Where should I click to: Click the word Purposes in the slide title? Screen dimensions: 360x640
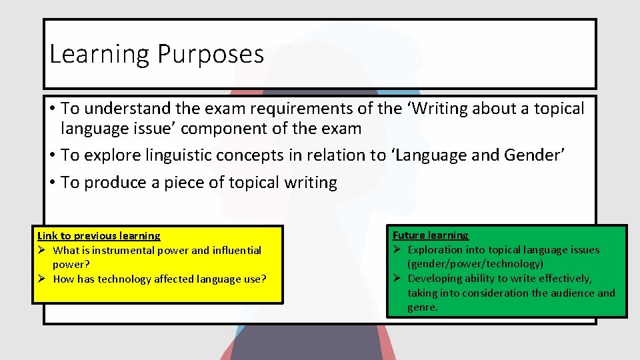point(210,55)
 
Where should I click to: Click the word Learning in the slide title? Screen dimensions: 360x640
point(99,55)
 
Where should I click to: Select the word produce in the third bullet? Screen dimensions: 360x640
point(118,182)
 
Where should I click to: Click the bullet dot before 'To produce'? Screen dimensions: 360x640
point(52,183)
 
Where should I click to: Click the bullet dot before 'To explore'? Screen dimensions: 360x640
point(52,156)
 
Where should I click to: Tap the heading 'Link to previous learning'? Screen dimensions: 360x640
point(99,235)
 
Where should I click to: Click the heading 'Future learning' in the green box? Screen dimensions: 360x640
point(430,235)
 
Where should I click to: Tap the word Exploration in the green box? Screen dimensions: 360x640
point(437,250)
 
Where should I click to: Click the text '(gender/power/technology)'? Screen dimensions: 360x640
point(475,264)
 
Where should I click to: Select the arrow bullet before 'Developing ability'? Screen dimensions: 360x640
point(396,279)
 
